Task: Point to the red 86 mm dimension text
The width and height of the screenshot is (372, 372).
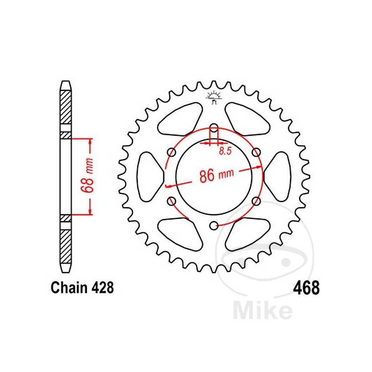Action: [x=215, y=176]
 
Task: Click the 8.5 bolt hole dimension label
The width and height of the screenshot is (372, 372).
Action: [x=226, y=151]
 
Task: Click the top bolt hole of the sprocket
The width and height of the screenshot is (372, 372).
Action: [x=213, y=128]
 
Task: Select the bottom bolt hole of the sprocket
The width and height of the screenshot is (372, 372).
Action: [x=213, y=226]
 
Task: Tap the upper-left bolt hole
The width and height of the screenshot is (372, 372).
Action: [x=172, y=153]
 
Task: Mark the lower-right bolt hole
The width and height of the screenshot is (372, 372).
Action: [x=256, y=201]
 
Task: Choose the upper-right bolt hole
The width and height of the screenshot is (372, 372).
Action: [x=256, y=153]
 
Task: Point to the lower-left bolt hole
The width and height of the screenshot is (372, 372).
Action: [x=172, y=201]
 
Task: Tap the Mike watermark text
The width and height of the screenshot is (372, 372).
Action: [x=263, y=310]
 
